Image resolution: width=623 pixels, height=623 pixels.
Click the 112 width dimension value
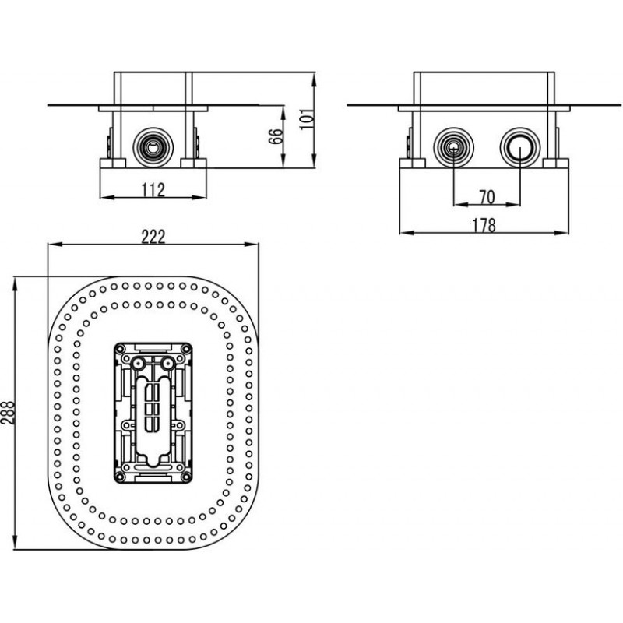click(154, 190)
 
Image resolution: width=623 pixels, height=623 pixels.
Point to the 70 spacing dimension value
click(487, 195)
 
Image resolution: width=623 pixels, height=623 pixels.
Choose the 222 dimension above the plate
click(154, 238)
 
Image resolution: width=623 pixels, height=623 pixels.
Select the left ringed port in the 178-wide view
click(451, 145)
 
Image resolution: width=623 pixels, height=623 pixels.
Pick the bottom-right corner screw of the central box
click(186, 477)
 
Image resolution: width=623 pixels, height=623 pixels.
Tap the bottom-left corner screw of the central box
click(120, 477)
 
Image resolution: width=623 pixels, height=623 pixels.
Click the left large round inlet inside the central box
click(139, 364)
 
